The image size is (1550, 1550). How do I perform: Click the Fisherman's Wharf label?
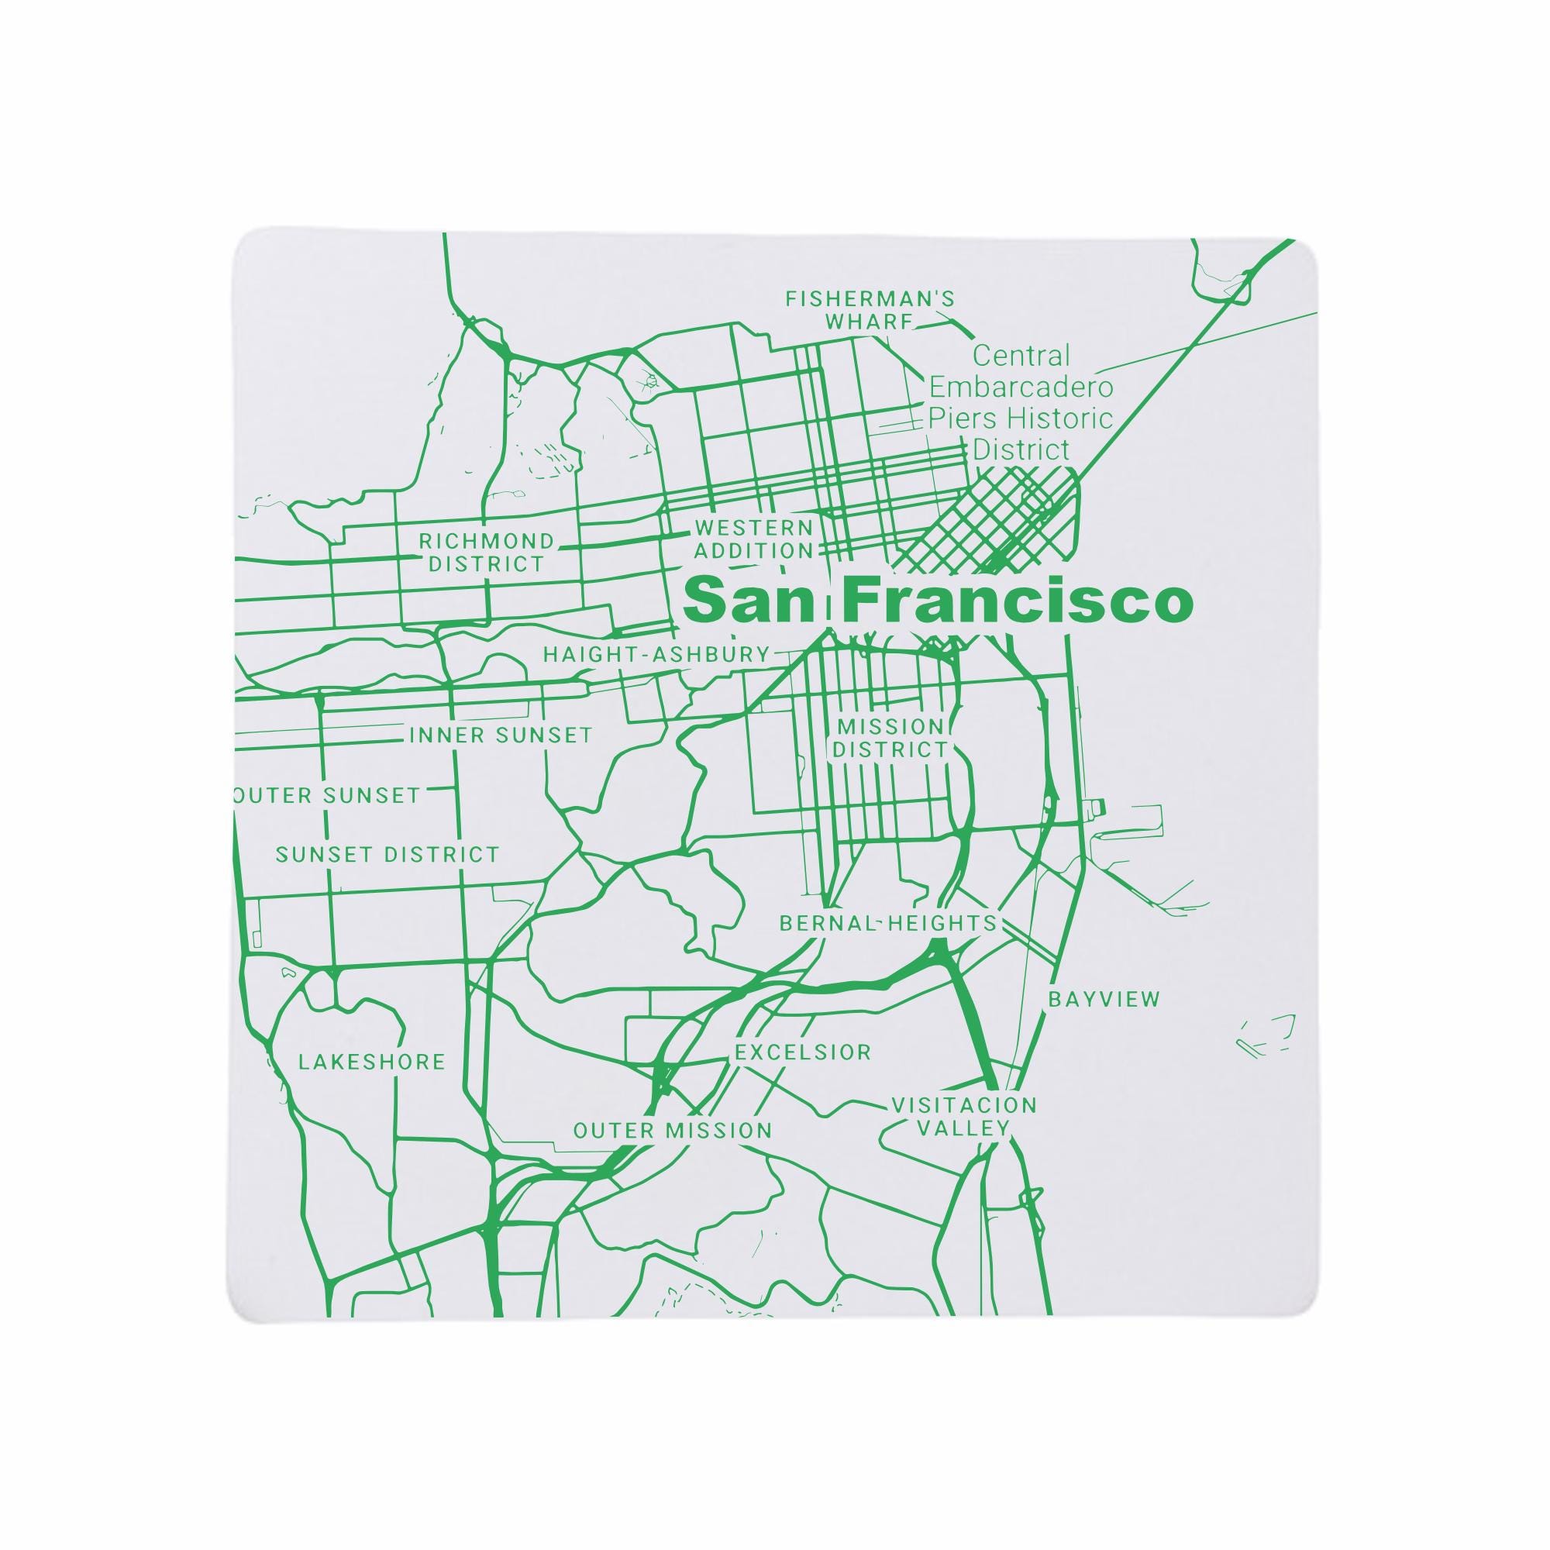870,311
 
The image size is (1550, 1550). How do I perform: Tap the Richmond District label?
486,552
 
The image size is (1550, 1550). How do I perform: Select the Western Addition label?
753,539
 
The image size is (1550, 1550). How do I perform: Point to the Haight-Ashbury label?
656,655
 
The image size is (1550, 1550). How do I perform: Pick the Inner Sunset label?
501,735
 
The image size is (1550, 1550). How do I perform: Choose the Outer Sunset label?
326,796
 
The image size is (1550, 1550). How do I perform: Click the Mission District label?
890,738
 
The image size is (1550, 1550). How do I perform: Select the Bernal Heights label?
888,924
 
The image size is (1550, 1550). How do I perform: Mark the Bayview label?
1104,1000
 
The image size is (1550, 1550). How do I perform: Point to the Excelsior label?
803,1052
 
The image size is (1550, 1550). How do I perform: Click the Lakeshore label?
371,1063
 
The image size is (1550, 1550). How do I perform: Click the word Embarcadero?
1021,387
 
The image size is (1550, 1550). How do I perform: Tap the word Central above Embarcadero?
1021,356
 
